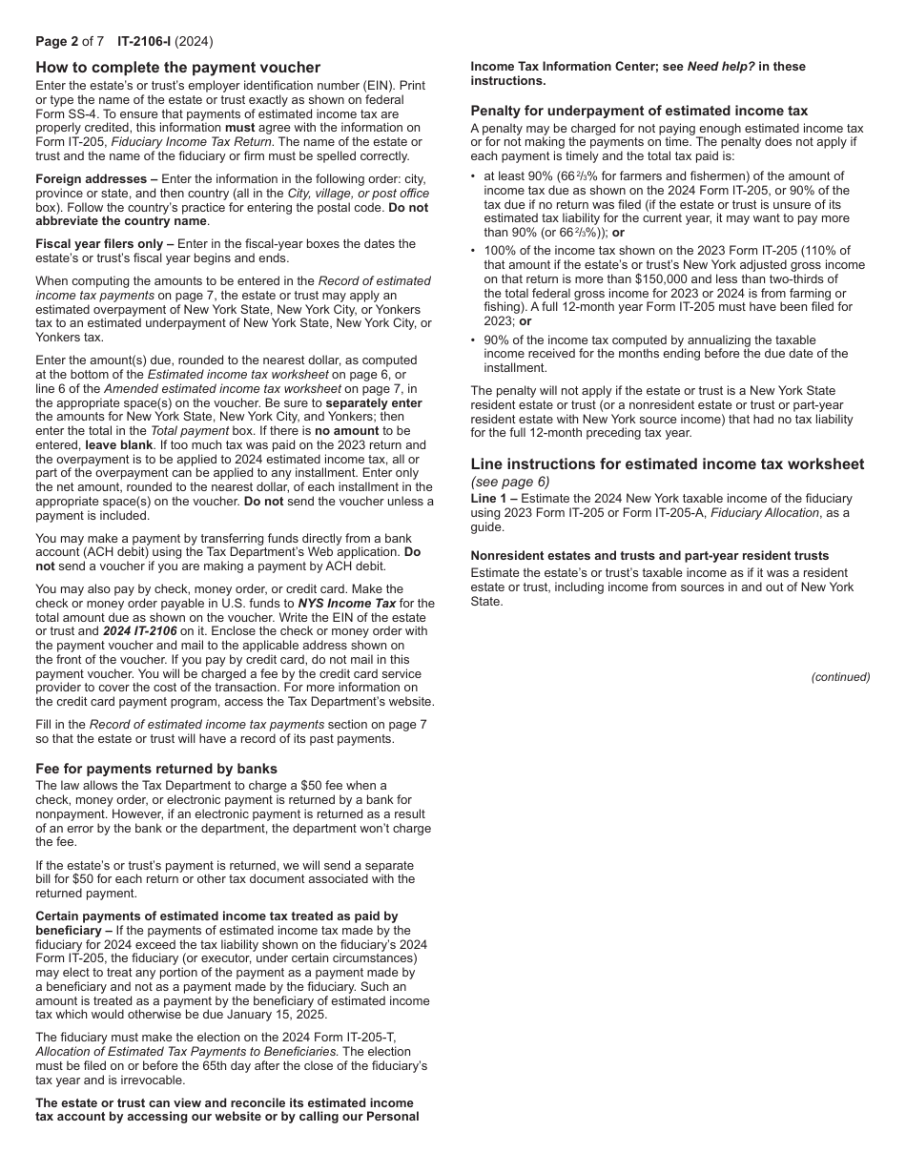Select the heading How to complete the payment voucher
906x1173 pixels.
pos(177,67)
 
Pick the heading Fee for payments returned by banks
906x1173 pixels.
pos(156,769)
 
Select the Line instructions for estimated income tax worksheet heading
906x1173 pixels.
pos(667,464)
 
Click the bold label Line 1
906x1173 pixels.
pos(488,499)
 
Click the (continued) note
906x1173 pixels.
pos(840,677)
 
